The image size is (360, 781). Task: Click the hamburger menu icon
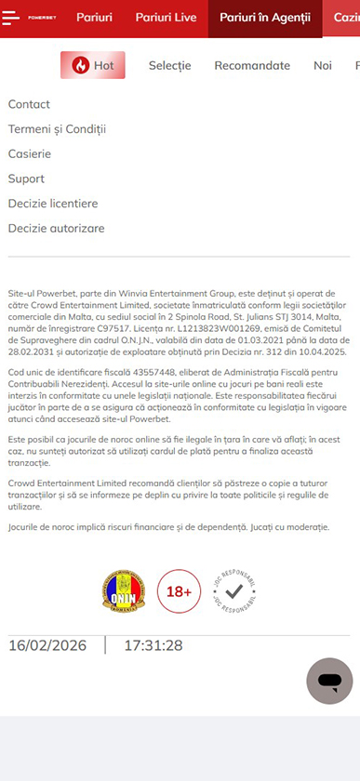pyautogui.click(x=12, y=18)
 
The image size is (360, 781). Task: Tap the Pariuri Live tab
pyautogui.click(x=167, y=18)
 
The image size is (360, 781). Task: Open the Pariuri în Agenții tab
pyautogui.click(x=265, y=18)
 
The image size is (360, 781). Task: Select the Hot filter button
pyautogui.click(x=93, y=65)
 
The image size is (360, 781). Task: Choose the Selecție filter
pyautogui.click(x=169, y=65)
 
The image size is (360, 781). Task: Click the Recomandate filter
pyautogui.click(x=252, y=65)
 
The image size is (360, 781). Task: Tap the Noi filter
pyautogui.click(x=323, y=65)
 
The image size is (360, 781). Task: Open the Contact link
pyautogui.click(x=29, y=104)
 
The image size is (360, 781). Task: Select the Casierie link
pyautogui.click(x=30, y=153)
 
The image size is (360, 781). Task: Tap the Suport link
pyautogui.click(x=26, y=179)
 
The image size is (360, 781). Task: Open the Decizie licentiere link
pyautogui.click(x=53, y=204)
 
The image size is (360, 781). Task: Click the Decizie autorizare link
pyautogui.click(x=56, y=228)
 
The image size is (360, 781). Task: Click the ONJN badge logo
pyautogui.click(x=124, y=590)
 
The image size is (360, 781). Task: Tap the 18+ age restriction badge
pyautogui.click(x=180, y=590)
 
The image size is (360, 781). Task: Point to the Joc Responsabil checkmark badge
pyautogui.click(x=234, y=590)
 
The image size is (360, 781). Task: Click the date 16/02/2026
pyautogui.click(x=48, y=645)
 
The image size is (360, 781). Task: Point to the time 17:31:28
pyautogui.click(x=153, y=645)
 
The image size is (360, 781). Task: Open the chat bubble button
pyautogui.click(x=329, y=682)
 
